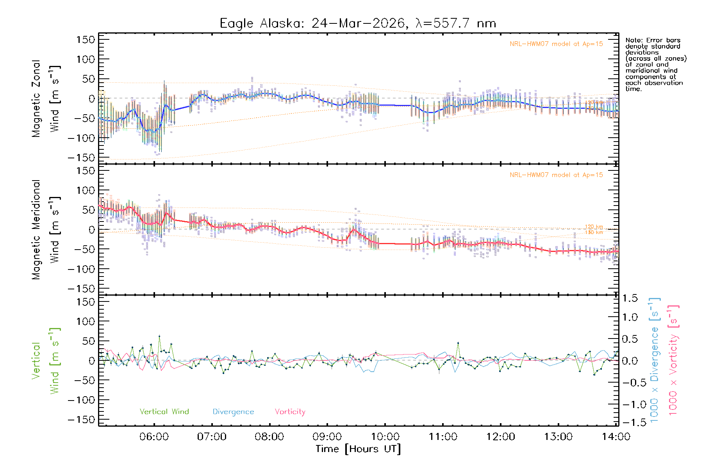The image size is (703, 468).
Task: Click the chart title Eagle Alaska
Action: click(x=358, y=23)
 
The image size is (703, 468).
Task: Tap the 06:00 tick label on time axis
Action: click(x=154, y=437)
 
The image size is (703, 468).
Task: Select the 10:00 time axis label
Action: click(x=385, y=437)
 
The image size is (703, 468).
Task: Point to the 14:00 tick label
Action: click(x=616, y=437)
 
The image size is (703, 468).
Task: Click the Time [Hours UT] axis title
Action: click(x=358, y=449)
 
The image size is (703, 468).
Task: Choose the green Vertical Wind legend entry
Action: click(x=164, y=411)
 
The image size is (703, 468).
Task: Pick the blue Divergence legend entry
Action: click(x=233, y=411)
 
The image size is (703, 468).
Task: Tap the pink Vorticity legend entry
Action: click(x=290, y=411)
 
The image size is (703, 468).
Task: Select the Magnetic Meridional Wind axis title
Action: click(x=46, y=230)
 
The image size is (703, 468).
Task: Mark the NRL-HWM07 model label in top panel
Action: click(x=556, y=44)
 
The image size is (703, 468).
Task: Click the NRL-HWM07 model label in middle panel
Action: click(x=556, y=175)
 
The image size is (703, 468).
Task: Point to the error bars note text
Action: click(x=656, y=64)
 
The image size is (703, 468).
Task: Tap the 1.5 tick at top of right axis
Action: click(x=630, y=298)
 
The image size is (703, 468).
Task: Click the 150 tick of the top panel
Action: click(x=86, y=39)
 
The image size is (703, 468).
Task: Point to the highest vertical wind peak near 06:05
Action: click(x=159, y=336)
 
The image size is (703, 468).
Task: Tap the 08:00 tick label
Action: click(x=269, y=437)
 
